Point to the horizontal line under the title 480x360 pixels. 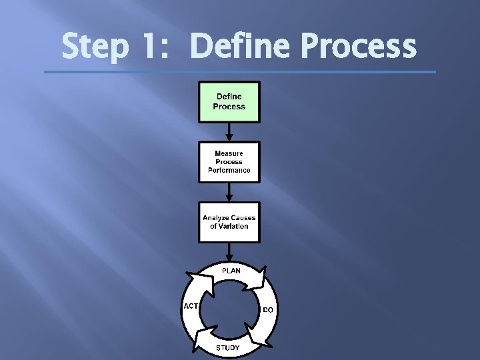(240, 72)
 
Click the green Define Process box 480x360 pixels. (229, 102)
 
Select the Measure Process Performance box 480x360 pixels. (229, 162)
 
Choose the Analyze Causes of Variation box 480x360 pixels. (229, 222)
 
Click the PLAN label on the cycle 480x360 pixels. (231, 271)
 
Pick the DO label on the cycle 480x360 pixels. (268, 310)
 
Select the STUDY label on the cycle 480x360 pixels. (228, 348)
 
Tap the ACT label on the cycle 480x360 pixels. (190, 306)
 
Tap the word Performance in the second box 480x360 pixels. (229, 170)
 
